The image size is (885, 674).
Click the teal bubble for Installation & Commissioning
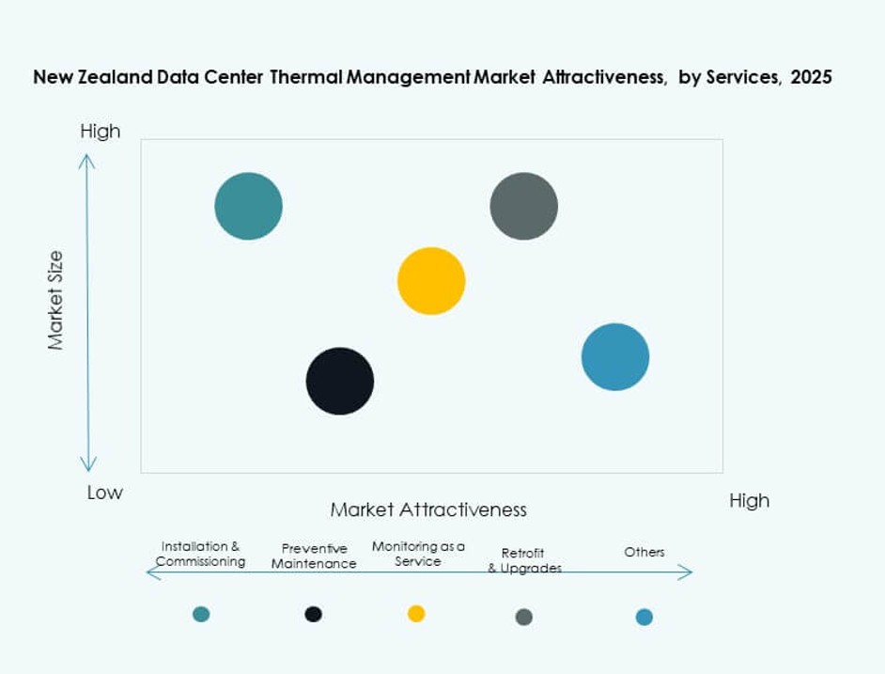click(x=248, y=206)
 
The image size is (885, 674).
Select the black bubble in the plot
click(x=340, y=381)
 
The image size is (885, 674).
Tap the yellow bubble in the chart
click(x=431, y=280)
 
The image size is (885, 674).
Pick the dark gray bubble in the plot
click(x=523, y=206)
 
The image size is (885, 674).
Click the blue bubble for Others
click(x=615, y=356)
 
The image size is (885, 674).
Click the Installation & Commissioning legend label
click(x=200, y=554)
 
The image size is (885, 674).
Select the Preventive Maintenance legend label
click(x=314, y=556)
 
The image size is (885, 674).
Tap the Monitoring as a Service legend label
click(x=418, y=554)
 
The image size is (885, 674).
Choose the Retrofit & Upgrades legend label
click(x=523, y=560)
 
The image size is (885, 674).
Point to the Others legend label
click(x=644, y=552)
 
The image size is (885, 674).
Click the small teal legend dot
click(x=201, y=614)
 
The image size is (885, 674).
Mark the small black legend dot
click(x=314, y=614)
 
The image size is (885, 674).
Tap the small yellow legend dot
click(x=416, y=614)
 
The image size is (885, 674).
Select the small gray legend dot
click(x=524, y=617)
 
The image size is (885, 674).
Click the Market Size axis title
click(x=56, y=301)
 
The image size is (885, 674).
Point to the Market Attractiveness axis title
click(x=428, y=509)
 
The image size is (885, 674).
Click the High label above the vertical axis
click(x=101, y=132)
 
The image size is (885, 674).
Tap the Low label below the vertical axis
click(x=104, y=493)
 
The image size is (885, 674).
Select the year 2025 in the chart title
click(x=811, y=77)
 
